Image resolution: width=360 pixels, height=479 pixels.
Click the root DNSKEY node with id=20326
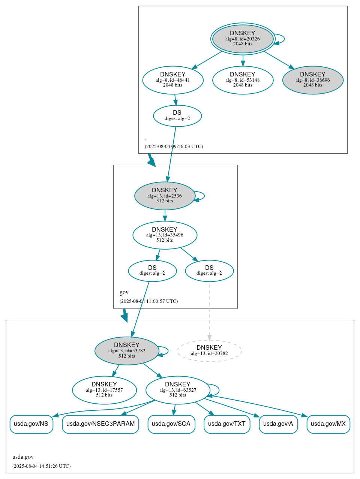click(x=243, y=39)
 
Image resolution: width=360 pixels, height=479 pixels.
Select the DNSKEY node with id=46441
click(x=173, y=80)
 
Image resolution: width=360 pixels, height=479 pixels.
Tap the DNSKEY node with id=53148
click(x=243, y=80)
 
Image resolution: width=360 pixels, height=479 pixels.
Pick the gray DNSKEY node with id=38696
click(x=313, y=80)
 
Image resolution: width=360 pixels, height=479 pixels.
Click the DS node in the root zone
click(x=177, y=116)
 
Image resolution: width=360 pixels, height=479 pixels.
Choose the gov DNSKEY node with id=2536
click(x=165, y=196)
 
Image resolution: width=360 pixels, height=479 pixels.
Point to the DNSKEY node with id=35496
click(x=165, y=235)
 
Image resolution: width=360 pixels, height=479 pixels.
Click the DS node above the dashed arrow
click(x=209, y=271)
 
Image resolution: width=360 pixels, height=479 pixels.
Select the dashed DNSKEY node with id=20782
click(x=209, y=351)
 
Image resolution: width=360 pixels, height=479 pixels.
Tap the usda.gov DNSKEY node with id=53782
click(x=127, y=351)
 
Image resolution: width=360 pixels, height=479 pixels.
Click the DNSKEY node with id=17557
click(x=104, y=390)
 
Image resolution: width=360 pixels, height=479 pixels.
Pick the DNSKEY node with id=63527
click(x=178, y=390)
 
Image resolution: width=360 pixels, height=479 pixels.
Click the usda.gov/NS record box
click(x=31, y=424)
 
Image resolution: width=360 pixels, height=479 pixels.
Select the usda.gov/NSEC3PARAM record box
click(x=100, y=424)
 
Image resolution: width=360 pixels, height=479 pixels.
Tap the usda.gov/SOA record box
click(x=171, y=424)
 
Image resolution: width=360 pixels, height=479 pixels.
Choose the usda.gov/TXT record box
click(x=227, y=424)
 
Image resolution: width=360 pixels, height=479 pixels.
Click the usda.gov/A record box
click(x=278, y=424)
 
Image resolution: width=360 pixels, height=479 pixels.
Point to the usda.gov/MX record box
click(x=328, y=424)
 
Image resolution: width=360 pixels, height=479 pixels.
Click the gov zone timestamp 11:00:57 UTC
click(x=148, y=301)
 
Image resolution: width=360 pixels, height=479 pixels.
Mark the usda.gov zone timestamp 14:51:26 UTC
click(x=41, y=466)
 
